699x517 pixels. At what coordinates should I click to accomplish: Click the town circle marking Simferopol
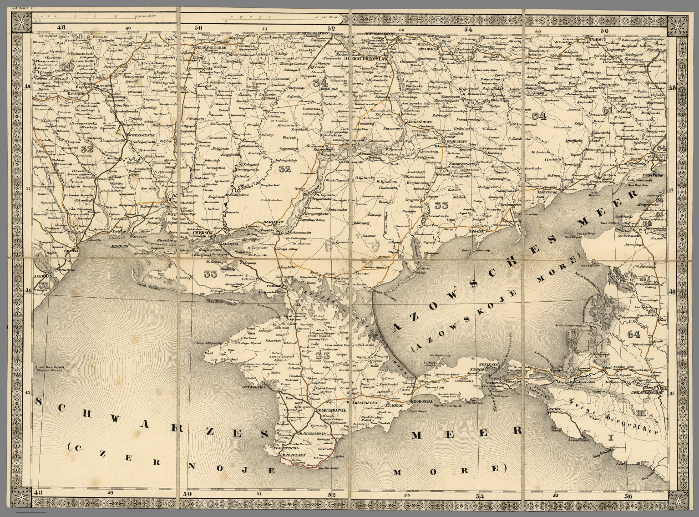(315, 411)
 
